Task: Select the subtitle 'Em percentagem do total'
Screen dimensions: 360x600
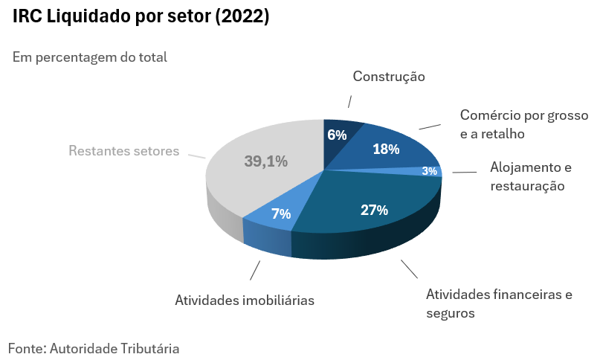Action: (90, 57)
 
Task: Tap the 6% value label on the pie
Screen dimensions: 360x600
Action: (337, 135)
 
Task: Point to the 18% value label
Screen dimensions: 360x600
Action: (386, 149)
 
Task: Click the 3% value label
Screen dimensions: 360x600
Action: (429, 171)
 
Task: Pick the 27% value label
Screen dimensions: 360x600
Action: (374, 210)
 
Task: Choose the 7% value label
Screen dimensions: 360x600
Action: (280, 213)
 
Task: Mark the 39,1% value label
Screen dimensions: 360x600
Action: (265, 161)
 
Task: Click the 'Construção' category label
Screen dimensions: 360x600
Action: (388, 77)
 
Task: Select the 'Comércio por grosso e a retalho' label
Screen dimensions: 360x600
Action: (523, 124)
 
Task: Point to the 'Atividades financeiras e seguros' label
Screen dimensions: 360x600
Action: (499, 303)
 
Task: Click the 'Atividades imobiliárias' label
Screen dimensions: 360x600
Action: (245, 300)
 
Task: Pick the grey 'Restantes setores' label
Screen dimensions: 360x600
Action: (124, 150)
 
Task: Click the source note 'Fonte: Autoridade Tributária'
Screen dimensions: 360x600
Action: (94, 347)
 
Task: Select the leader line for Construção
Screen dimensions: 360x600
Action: (348, 102)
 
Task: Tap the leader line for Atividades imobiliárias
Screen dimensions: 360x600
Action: (255, 270)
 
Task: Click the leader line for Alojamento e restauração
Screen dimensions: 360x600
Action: (464, 173)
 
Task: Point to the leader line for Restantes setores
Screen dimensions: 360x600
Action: (196, 156)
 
